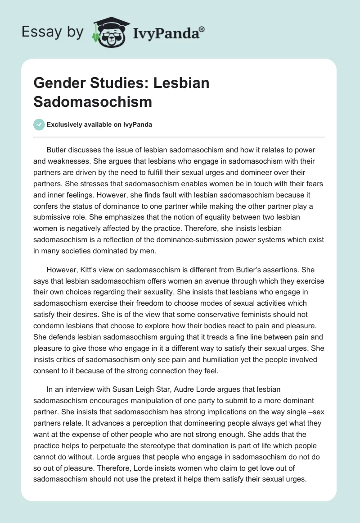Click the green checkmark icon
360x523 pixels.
tap(39, 124)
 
